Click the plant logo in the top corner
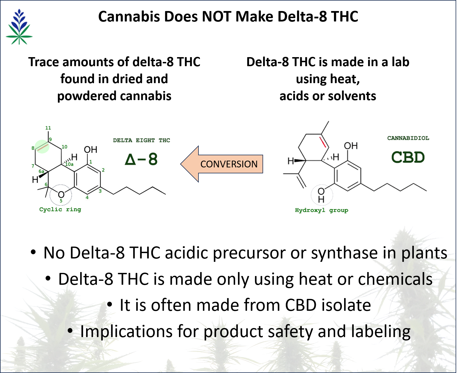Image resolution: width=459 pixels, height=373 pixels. click(21, 28)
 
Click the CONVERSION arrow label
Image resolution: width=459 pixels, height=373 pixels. click(229, 164)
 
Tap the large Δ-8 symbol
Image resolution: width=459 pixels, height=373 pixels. click(141, 159)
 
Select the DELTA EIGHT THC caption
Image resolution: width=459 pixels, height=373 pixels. click(141, 140)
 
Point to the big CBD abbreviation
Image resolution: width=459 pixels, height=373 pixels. click(408, 157)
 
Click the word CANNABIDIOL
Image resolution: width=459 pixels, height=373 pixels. click(408, 138)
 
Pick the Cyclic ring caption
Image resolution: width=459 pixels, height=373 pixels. click(60, 209)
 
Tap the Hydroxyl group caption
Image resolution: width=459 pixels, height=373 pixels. click(321, 210)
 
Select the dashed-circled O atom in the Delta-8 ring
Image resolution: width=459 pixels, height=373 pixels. click(61, 195)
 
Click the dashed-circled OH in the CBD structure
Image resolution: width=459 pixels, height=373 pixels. click(321, 195)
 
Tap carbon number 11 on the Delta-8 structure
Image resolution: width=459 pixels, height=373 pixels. click(48, 128)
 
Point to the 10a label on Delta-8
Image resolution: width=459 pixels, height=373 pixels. click(69, 164)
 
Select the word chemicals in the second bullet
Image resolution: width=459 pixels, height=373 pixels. click(395, 279)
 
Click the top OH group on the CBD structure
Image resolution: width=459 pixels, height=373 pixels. click(351, 146)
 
